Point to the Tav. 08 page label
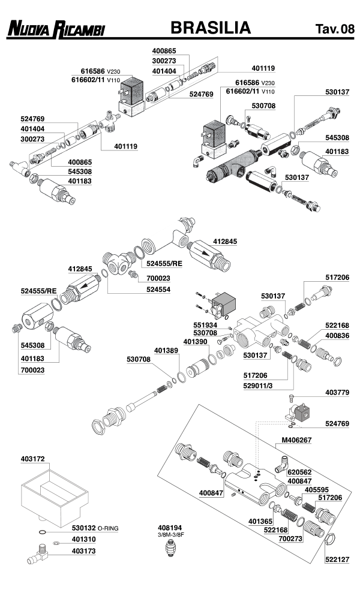click(335, 29)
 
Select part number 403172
click(34, 460)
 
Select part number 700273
click(292, 539)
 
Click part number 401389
click(167, 350)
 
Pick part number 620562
click(299, 472)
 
